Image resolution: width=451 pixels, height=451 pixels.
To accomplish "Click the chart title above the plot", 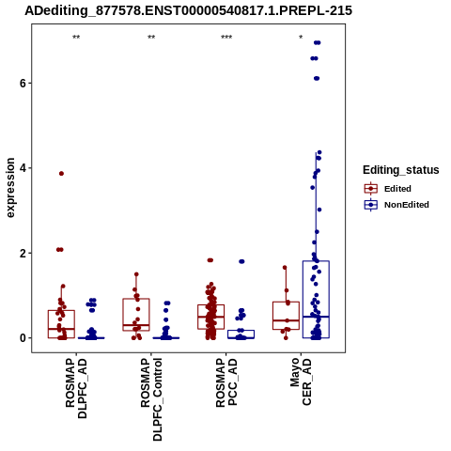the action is click(x=189, y=10).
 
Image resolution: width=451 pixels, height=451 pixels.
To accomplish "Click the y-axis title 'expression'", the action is click(x=10, y=188).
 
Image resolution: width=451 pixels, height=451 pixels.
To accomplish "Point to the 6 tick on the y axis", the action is click(x=23, y=83).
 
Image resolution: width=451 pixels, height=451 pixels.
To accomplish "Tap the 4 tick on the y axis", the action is click(x=23, y=168).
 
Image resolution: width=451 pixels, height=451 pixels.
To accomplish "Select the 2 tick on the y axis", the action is click(x=23, y=253).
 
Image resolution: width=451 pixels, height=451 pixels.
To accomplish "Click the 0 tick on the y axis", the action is click(x=23, y=338).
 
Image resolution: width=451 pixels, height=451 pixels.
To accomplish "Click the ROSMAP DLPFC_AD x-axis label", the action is click(x=76, y=388).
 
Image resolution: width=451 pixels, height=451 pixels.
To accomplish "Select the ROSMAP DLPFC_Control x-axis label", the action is click(x=151, y=399).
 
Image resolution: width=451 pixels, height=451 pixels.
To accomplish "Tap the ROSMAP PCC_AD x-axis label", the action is click(x=226, y=382).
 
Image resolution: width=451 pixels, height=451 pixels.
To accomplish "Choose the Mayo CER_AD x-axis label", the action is click(x=302, y=381).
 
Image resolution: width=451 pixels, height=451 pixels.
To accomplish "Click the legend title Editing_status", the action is click(x=401, y=170).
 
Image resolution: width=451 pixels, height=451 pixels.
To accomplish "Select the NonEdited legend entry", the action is click(x=397, y=205).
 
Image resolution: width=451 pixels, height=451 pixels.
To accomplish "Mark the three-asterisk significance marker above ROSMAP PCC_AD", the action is click(x=226, y=38).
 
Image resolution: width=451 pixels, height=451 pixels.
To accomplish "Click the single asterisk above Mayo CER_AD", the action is click(x=301, y=38).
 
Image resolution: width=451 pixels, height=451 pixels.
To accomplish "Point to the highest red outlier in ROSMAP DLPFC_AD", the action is click(x=61, y=174).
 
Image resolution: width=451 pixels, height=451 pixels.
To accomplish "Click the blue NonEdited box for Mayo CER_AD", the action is click(x=316, y=261).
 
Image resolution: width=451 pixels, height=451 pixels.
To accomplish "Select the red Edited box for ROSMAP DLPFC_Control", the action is click(x=136, y=299).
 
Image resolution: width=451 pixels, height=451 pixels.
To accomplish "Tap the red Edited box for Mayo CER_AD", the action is click(x=286, y=302).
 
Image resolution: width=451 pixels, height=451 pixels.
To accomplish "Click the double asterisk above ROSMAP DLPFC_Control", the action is click(x=151, y=38).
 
